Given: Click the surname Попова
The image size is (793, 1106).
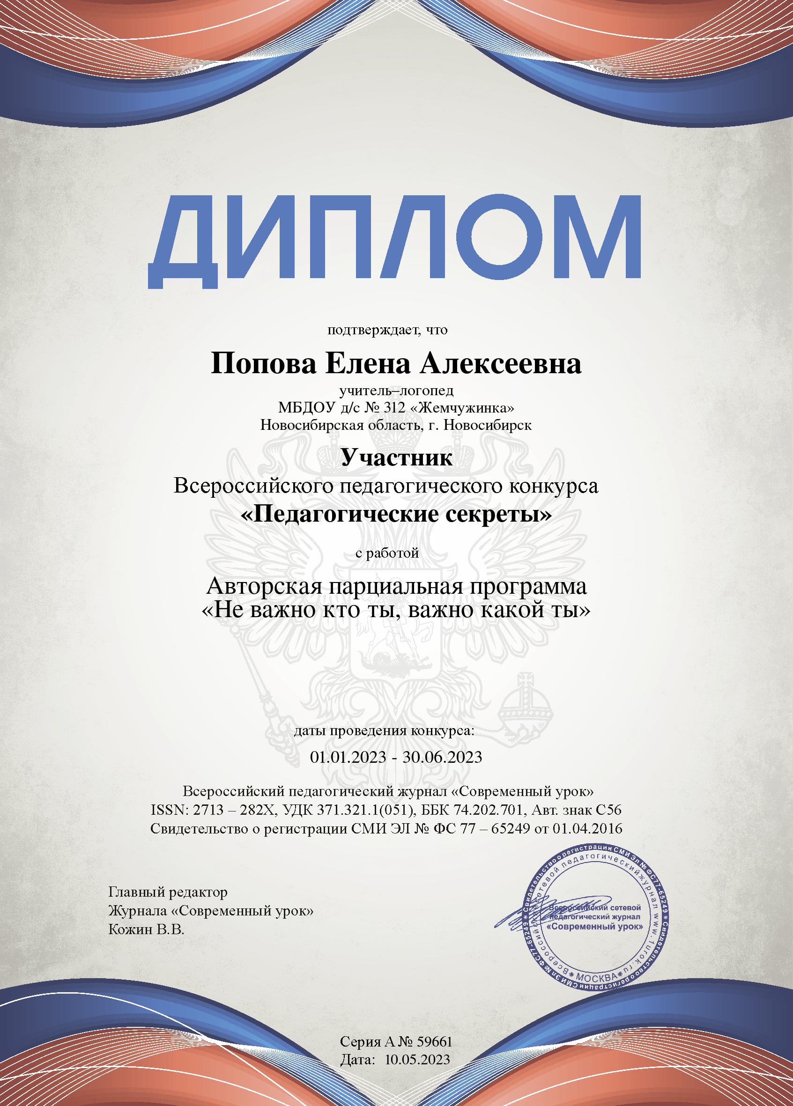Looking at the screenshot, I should [263, 364].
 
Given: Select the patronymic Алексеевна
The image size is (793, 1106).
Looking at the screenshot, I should [501, 364].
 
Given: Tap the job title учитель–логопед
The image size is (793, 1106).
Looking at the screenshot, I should [396, 391].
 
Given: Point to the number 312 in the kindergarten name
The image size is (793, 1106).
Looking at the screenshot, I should [394, 407].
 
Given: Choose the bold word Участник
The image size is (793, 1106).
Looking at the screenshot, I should [396, 457].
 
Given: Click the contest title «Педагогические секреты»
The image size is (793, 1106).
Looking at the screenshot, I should [396, 514].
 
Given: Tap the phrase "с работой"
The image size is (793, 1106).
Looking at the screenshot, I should [387, 553].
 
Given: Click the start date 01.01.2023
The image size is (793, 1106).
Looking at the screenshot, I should [348, 757].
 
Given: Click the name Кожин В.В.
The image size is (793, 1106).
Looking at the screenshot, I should [146, 929].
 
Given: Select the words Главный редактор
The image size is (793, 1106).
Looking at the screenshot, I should [168, 892].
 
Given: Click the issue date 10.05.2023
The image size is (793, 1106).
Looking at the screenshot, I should [417, 1060].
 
